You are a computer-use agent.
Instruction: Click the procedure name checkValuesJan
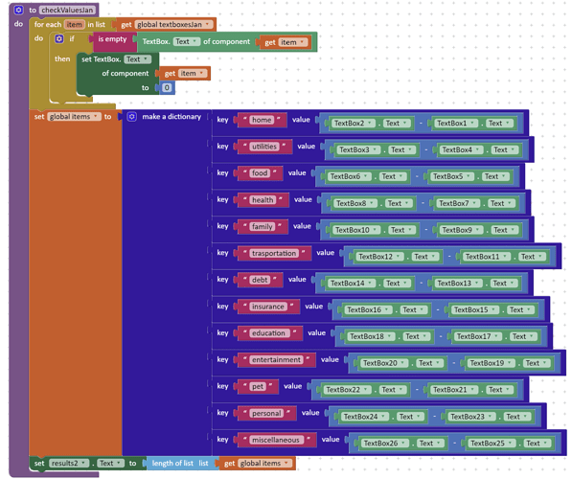click(67, 10)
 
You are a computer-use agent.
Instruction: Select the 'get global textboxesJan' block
click(167, 25)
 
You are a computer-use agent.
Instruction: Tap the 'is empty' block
click(112, 39)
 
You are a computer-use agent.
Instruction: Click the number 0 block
click(167, 87)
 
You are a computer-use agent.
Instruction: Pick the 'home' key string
click(262, 120)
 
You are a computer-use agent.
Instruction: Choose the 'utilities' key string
click(264, 147)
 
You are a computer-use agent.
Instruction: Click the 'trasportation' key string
click(274, 253)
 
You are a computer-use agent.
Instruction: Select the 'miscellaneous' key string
click(276, 440)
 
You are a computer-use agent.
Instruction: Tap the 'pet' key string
click(258, 386)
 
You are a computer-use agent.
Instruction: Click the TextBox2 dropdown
click(353, 124)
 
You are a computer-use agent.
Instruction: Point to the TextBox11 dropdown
click(486, 257)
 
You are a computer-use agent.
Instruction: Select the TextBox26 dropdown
click(384, 444)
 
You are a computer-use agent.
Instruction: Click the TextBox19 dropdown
click(491, 363)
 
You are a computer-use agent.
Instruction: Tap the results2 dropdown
click(69, 464)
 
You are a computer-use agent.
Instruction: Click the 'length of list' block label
click(172, 464)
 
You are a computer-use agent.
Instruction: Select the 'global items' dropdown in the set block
click(74, 117)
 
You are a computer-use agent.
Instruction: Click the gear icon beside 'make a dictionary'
click(131, 117)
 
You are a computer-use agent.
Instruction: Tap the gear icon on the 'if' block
click(59, 38)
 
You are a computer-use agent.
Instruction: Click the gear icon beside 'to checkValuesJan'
click(18, 10)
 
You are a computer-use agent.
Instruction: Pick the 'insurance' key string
click(268, 307)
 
